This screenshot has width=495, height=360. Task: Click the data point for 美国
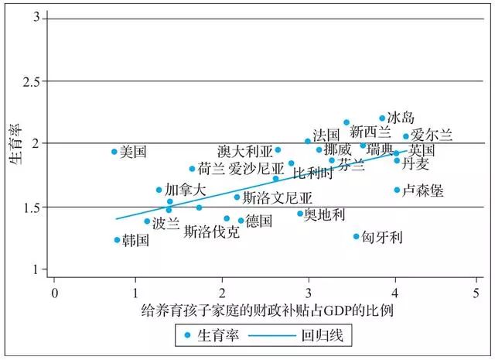point(114,152)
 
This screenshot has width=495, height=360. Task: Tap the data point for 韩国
point(118,240)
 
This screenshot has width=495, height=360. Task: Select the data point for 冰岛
point(382,118)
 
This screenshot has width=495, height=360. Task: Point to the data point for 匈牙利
point(357,236)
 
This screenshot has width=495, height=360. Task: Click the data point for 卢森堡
point(397,190)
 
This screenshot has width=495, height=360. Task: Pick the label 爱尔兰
point(428,135)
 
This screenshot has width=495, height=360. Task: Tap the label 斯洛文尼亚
point(278,197)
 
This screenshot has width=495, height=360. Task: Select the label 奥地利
point(325,214)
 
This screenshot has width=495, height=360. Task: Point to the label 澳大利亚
point(245,150)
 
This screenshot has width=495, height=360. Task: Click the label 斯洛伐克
point(211,231)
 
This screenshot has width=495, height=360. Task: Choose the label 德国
point(259,221)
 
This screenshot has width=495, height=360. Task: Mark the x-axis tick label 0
point(54,295)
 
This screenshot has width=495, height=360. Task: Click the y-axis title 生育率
point(15,143)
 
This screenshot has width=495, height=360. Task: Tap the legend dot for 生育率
point(188,337)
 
